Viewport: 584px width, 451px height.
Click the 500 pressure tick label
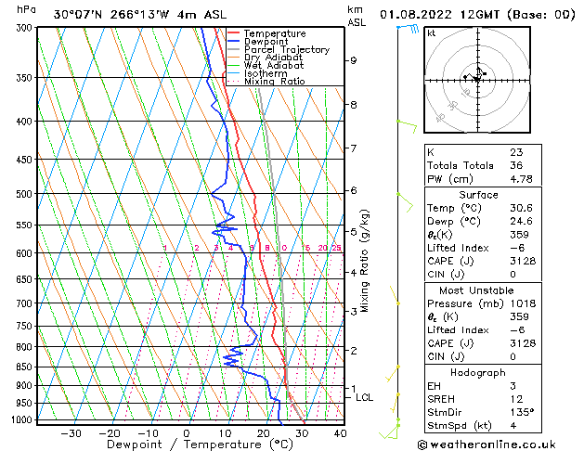[25, 194]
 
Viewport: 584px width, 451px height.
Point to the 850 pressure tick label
[25, 367]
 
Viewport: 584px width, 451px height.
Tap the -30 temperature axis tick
[71, 432]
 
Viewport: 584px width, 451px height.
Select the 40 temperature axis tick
[340, 432]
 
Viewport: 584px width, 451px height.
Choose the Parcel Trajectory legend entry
[286, 50]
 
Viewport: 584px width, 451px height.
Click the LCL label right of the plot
[365, 397]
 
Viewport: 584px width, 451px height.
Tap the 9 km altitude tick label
[354, 60]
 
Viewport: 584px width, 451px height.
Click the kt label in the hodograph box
[431, 33]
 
